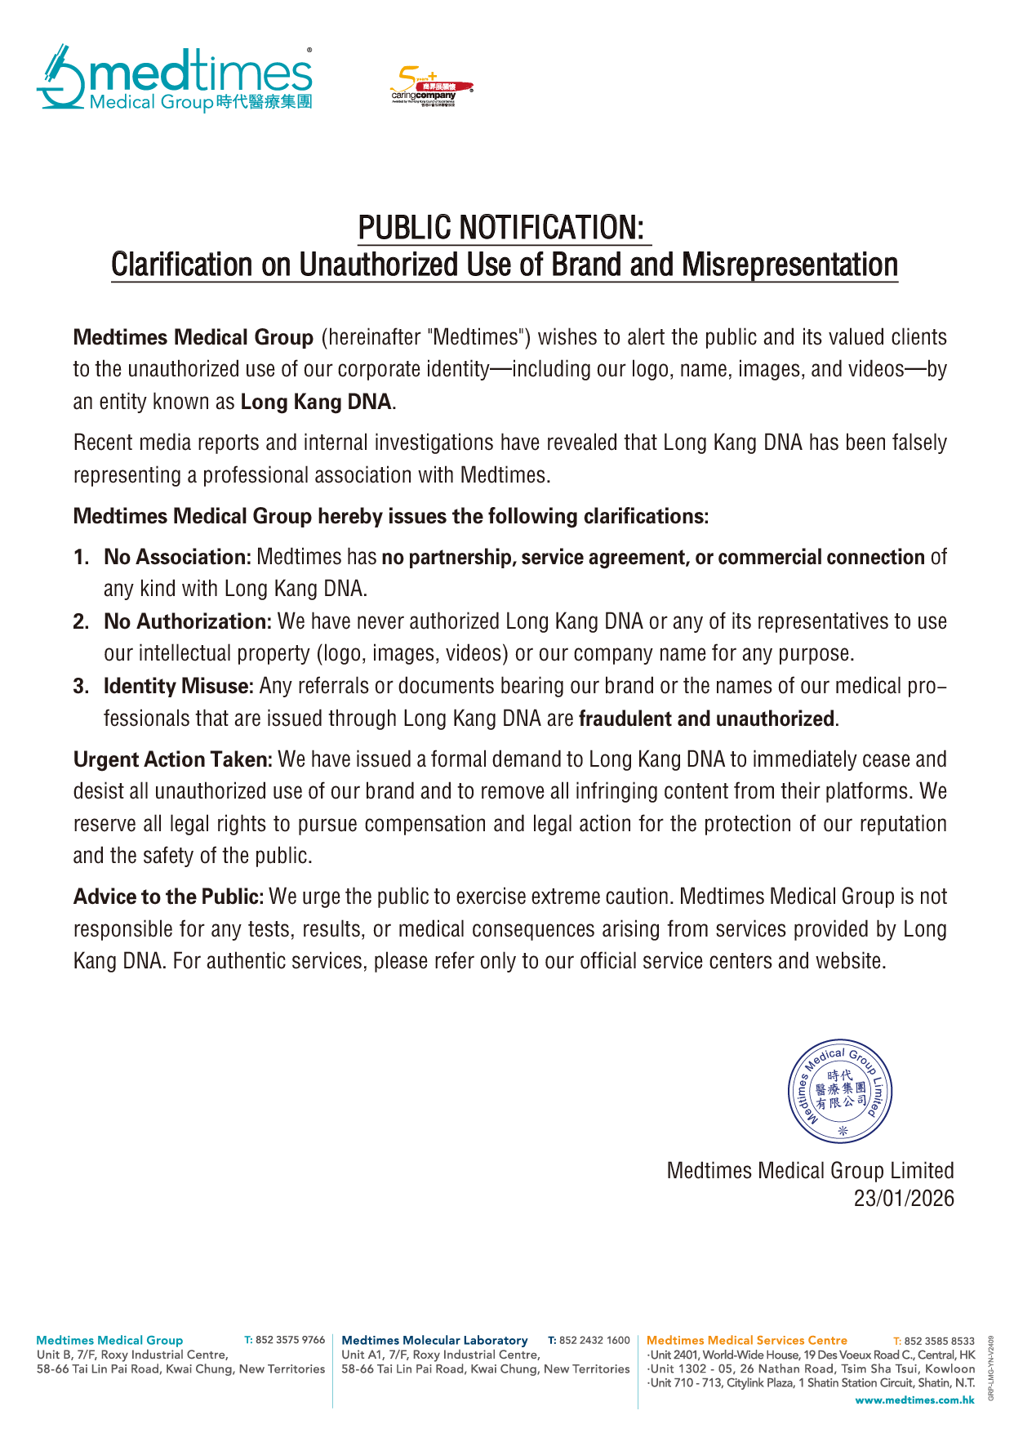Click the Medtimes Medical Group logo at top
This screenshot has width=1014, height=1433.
point(175,78)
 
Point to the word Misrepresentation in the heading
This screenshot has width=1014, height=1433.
point(789,265)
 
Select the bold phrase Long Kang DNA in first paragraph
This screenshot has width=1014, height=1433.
point(316,402)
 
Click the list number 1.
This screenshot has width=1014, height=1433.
point(80,558)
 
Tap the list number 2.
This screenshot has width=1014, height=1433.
point(80,622)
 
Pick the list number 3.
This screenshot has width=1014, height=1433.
point(80,687)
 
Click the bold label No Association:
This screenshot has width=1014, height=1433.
point(177,558)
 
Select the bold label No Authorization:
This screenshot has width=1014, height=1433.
point(188,622)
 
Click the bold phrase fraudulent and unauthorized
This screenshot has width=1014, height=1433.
point(707,719)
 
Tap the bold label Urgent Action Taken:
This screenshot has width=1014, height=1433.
point(173,760)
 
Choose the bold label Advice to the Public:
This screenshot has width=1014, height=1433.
point(169,897)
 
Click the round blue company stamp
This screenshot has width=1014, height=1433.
point(839,1092)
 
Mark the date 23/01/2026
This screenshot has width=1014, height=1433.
point(904,1199)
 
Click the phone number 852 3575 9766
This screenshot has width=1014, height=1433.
point(290,1340)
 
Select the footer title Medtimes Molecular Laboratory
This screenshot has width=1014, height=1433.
point(434,1340)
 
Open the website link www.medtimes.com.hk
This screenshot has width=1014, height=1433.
point(914,1400)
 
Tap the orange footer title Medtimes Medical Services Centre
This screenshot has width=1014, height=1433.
point(747,1340)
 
